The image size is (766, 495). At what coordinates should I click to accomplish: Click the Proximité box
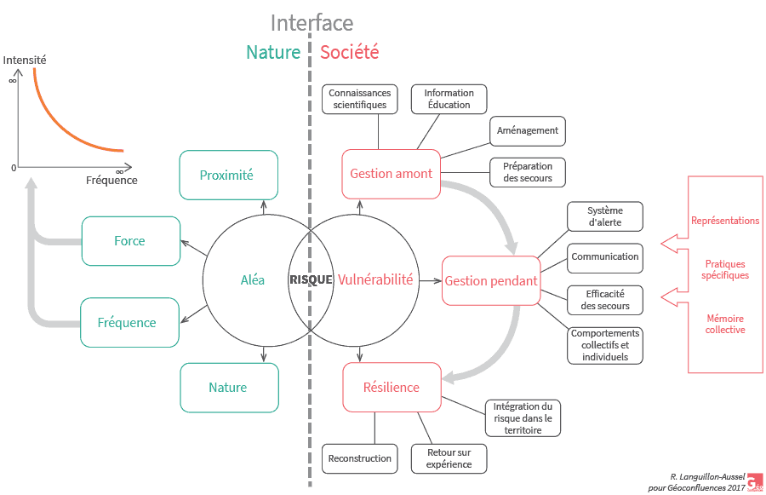coord(228,176)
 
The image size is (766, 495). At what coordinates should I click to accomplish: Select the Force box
coord(130,241)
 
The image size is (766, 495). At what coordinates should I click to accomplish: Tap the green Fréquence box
coord(129,323)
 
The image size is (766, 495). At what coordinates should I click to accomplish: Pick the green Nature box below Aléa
coord(228,388)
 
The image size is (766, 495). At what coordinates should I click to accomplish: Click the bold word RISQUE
coord(311,279)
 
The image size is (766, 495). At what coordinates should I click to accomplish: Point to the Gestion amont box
coord(392,174)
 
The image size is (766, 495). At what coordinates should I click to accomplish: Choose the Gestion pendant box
coord(491,281)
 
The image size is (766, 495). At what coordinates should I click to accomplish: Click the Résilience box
coord(392,388)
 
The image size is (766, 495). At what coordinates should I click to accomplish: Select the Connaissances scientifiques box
coord(360,99)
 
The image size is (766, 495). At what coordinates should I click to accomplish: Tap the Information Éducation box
coord(449,99)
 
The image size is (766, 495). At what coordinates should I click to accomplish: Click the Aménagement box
coord(528,130)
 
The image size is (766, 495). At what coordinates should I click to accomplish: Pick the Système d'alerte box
coord(605,216)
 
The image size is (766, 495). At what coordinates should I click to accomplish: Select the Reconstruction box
coord(360,458)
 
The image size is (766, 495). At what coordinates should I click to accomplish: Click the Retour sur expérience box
coord(449,458)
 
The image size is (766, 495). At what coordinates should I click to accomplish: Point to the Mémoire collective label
coord(725,324)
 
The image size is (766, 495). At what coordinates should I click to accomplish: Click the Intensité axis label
coord(25,60)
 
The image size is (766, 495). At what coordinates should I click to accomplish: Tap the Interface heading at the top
coord(312,23)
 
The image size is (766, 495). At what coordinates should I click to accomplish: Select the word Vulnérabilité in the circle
coord(375,279)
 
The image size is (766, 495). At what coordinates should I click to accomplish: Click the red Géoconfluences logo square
coord(754,482)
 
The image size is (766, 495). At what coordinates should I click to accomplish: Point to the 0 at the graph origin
coord(14,168)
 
